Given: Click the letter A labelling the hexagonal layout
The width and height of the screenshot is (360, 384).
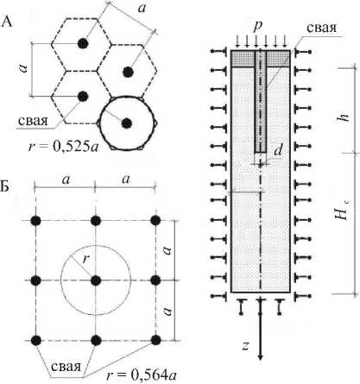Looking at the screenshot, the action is pos(7,22).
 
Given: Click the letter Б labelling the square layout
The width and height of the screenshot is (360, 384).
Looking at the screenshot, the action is pos(5,187).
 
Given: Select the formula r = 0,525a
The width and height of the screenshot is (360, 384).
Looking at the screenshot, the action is pos(63,147).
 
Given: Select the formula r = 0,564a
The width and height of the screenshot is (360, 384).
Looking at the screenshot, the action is pos(142,375).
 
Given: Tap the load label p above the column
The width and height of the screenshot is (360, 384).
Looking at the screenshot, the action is pos(258,27).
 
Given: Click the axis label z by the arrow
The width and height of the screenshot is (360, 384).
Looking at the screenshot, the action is pos(245,345).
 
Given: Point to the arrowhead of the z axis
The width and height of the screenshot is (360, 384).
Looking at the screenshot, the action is pos(261,359).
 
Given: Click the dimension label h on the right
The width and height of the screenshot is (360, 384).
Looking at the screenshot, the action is pos(344,117).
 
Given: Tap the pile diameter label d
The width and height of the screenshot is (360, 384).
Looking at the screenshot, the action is pos(278,150).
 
